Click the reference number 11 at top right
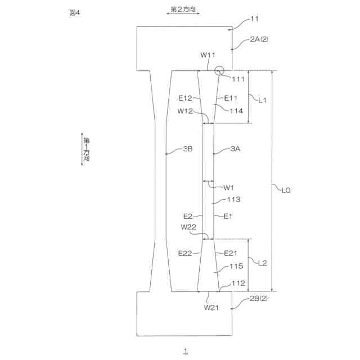[254, 19]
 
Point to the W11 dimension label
[208, 56]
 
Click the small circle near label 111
[219, 71]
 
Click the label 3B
[188, 149]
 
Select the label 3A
[235, 149]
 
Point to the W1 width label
[229, 187]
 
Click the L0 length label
[285, 191]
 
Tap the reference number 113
[233, 199]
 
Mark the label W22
[188, 227]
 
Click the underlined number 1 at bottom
[185, 351]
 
